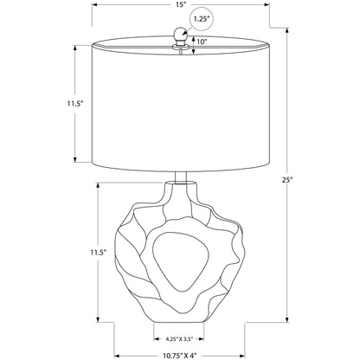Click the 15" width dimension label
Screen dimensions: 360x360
tap(179, 4)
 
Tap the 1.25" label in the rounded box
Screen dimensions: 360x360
tap(202, 16)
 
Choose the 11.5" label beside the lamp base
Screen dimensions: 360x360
tap(73, 253)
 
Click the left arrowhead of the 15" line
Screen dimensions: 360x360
tap(94, 4)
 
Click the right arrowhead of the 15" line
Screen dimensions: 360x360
tap(264, 4)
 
